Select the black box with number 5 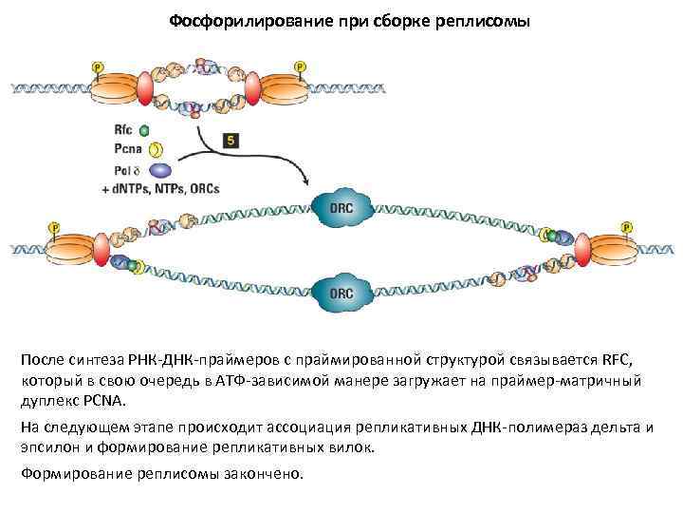(231, 140)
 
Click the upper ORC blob (341, 209)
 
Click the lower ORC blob (341, 294)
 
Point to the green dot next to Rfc (144, 130)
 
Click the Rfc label (123, 130)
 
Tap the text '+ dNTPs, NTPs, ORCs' (160, 189)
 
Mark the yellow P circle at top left (96, 66)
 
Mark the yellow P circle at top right (301, 66)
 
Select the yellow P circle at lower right (627, 228)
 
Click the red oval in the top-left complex (145, 87)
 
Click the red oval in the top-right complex (252, 87)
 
